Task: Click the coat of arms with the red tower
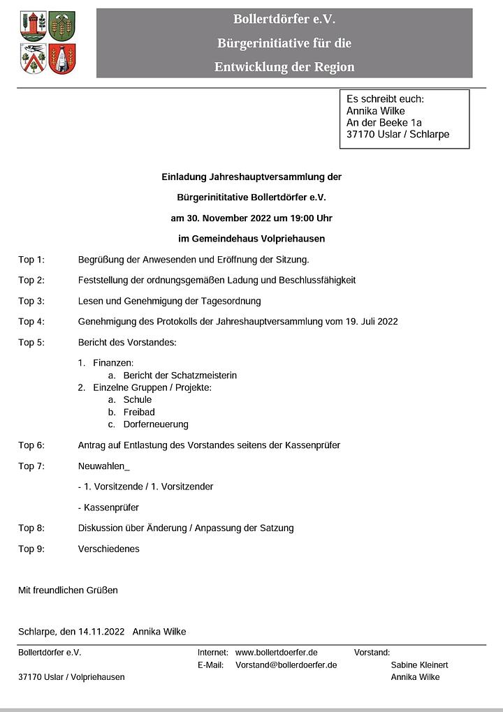tap(34, 26)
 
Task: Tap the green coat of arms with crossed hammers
tap(63, 26)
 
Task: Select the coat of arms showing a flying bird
tap(34, 59)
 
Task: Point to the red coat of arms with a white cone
tap(63, 59)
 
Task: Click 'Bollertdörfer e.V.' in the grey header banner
tap(284, 20)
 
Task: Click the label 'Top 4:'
tap(31, 322)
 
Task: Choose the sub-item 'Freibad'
tap(139, 412)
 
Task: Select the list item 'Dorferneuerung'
tap(156, 424)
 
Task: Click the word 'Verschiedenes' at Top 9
tap(109, 549)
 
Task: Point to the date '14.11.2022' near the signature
tap(101, 632)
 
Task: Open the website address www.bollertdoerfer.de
tap(277, 653)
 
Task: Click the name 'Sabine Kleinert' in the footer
tap(419, 665)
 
